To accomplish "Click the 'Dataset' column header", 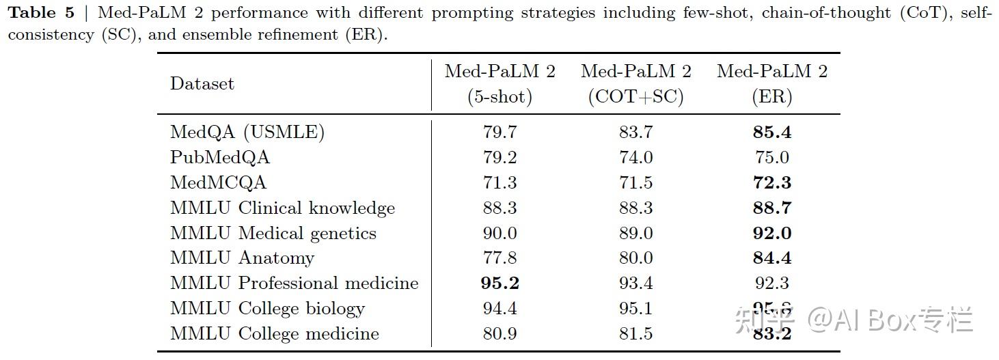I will (x=202, y=84).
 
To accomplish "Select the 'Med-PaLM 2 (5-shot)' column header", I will (x=499, y=84).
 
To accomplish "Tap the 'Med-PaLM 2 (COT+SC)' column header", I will (x=635, y=84).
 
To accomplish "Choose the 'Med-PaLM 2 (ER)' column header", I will (x=772, y=84).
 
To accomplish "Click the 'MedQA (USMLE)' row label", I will (x=247, y=133).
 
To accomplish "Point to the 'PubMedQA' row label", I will (x=219, y=158).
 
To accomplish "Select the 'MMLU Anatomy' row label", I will (x=242, y=258).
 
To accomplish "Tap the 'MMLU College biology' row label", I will (x=267, y=309).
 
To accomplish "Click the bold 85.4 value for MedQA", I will (x=772, y=133).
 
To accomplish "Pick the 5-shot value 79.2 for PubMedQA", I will (x=499, y=158).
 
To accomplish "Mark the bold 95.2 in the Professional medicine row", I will (x=499, y=283).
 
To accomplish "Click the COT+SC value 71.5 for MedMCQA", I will (x=635, y=183).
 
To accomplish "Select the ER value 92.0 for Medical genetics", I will (x=772, y=233).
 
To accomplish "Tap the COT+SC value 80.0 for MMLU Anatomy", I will (x=635, y=258).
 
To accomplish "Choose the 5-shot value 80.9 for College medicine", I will (x=499, y=334).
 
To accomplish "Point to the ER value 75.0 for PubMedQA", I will (x=772, y=158).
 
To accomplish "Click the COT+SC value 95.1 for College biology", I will (x=635, y=309).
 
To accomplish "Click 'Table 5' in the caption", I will (x=41, y=14).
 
